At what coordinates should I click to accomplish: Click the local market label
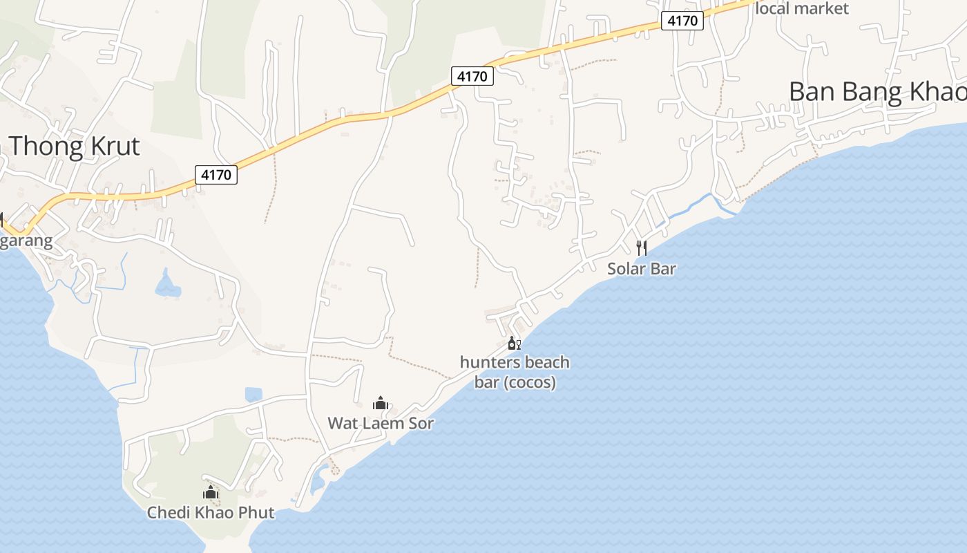click(803, 8)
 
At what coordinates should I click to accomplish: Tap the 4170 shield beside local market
click(682, 21)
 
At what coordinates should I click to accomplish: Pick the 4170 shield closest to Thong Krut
click(216, 175)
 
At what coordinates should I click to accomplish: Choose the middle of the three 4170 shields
click(472, 76)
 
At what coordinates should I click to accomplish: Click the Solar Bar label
click(641, 268)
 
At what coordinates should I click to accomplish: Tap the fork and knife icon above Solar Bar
click(641, 247)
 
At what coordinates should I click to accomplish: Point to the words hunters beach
click(515, 362)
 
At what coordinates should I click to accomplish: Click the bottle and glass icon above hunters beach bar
click(514, 343)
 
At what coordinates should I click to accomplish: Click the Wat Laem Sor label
click(381, 422)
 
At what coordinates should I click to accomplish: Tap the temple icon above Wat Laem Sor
click(380, 403)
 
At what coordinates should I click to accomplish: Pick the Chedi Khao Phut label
click(211, 512)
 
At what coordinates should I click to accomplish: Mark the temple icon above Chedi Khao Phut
click(211, 492)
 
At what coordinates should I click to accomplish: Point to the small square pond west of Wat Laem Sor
click(253, 394)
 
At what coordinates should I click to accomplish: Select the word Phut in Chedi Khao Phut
click(255, 512)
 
